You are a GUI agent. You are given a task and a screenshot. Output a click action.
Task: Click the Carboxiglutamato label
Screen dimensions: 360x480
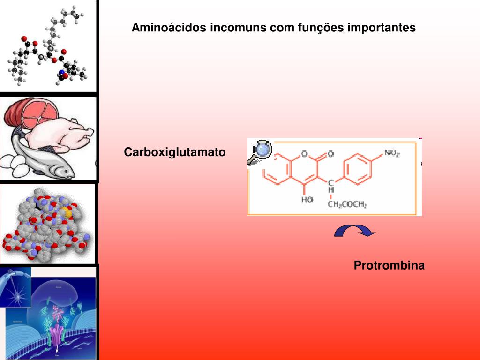click(174, 152)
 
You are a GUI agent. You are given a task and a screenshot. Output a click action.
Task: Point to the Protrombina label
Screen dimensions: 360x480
click(389, 266)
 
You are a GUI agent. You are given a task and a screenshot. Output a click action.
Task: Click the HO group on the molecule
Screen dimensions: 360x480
click(307, 200)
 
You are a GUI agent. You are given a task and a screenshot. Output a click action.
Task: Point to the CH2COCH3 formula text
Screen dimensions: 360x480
click(347, 204)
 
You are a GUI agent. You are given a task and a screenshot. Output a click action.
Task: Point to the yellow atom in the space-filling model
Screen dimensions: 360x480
click(68, 212)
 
